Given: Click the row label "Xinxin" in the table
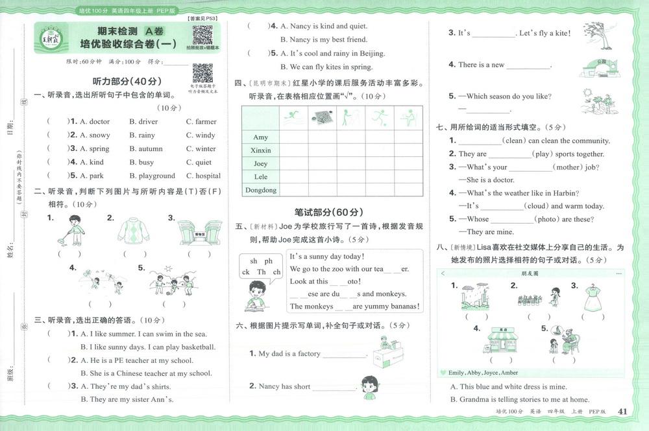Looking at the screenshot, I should [260, 150].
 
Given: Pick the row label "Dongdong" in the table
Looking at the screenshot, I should [260, 190].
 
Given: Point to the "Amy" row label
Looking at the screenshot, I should [260, 137].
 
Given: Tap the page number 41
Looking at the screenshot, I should [623, 412].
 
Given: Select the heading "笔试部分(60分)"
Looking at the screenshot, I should [328, 212].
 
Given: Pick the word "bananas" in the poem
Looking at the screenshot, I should [401, 307].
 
